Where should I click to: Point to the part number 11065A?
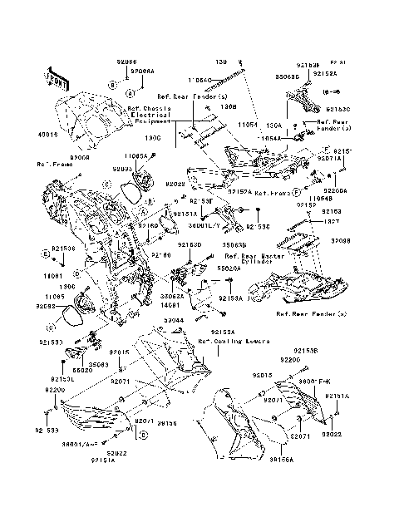(x=137, y=155)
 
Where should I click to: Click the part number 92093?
(x=124, y=169)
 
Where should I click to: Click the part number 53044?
(x=150, y=318)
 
